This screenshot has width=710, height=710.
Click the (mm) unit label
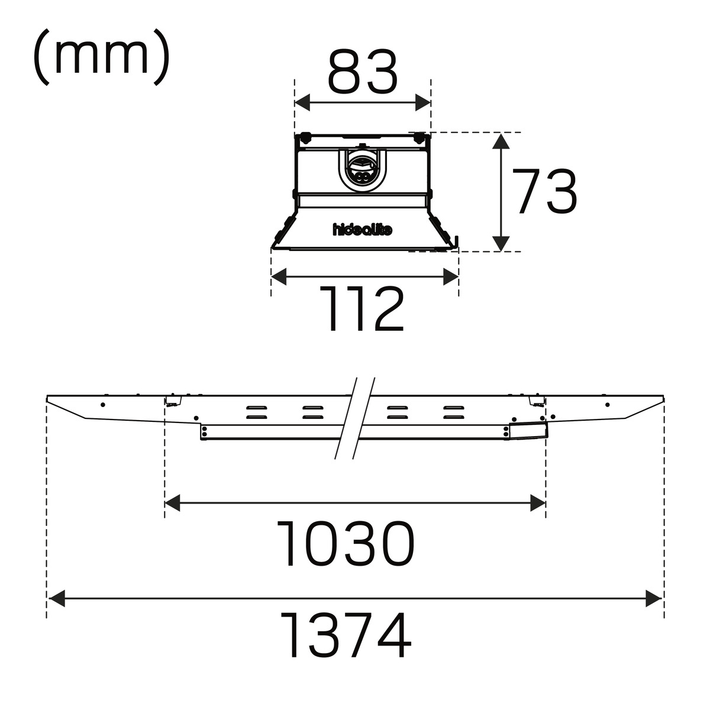[101, 57]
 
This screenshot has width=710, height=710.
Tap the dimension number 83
[363, 71]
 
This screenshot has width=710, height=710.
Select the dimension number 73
[544, 192]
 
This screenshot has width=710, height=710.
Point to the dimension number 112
[362, 309]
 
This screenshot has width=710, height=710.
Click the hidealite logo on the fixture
[363, 230]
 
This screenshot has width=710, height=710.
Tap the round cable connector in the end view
[363, 172]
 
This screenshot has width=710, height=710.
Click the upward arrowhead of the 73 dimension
[501, 141]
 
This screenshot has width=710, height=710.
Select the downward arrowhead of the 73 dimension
[501, 244]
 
